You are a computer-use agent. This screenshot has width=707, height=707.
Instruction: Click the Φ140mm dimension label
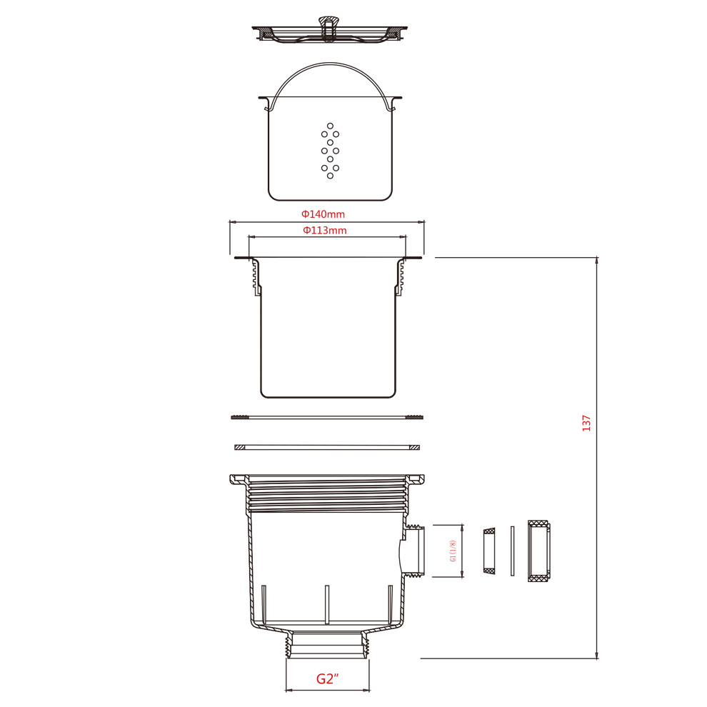pos(323,214)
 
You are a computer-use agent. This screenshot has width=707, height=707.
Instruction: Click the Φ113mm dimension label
pos(325,231)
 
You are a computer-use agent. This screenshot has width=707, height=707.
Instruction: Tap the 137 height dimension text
pos(586,423)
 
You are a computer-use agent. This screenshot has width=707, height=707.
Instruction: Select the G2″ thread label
pos(327,678)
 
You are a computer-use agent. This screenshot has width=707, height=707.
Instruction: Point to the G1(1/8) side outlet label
pos(453,551)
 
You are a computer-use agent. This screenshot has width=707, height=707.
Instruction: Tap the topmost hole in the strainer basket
pos(330,126)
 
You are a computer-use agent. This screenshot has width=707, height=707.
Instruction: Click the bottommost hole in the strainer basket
pos(330,176)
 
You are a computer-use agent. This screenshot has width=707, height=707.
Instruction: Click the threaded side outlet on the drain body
pos(415,551)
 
